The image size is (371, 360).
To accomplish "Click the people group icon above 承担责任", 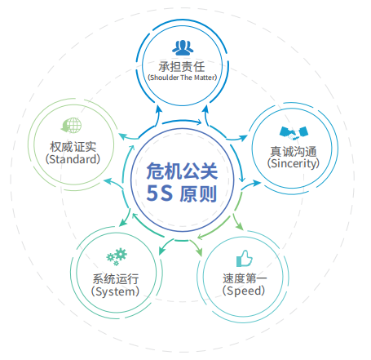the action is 183,47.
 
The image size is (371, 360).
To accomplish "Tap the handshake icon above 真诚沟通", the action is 294,133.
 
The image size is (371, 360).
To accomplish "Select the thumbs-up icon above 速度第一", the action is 245,259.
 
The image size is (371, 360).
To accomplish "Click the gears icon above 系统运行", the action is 117,256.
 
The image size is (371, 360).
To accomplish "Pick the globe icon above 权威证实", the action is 71,125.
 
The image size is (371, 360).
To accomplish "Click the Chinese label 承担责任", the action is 182,67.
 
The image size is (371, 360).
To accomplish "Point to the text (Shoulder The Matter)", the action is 183,78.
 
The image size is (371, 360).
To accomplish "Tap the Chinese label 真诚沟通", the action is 294,152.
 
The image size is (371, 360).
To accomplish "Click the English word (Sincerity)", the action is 294,163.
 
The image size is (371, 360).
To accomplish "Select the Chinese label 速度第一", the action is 245,278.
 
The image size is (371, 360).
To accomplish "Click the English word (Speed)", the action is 244,291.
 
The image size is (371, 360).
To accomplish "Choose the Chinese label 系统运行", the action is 116,279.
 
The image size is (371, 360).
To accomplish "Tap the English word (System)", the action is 115,291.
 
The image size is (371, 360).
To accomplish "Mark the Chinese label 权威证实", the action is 73,147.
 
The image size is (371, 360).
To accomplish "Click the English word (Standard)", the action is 73,159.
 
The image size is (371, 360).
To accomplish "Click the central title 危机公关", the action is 182,171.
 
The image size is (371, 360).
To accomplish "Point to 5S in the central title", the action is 159,193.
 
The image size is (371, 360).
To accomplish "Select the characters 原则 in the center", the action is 198,193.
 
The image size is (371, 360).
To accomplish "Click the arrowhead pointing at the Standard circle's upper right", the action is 123,136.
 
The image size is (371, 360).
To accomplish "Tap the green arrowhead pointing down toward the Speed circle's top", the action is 240,226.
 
